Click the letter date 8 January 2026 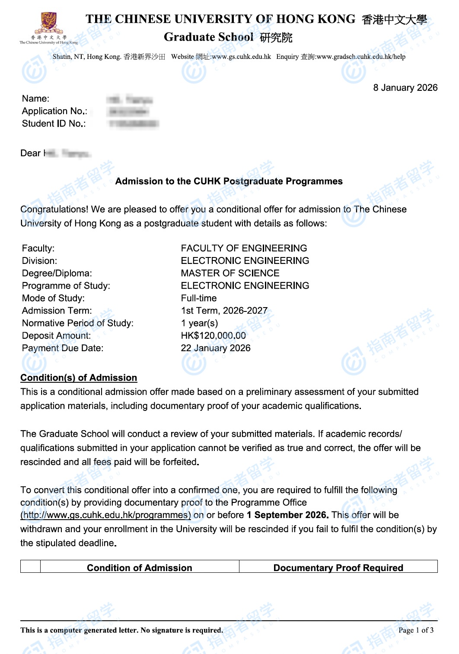pyautogui.click(x=405, y=88)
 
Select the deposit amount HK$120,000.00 pyautogui.click(x=213, y=336)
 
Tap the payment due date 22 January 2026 pyautogui.click(x=215, y=348)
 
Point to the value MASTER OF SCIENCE pyautogui.click(x=230, y=273)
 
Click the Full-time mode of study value pyautogui.click(x=199, y=298)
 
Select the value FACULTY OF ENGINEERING pyautogui.click(x=244, y=248)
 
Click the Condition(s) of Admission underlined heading pyautogui.click(x=79, y=378)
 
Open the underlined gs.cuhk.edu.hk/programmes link pyautogui.click(x=106, y=515)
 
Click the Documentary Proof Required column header pyautogui.click(x=338, y=568)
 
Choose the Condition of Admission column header pyautogui.click(x=139, y=568)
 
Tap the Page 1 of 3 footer pyautogui.click(x=416, y=630)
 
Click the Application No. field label pyautogui.click(x=54, y=111)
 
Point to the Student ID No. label pyautogui.click(x=54, y=124)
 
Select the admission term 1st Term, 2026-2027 pyautogui.click(x=224, y=311)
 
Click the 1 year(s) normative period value pyautogui.click(x=199, y=324)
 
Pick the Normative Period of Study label pyautogui.click(x=78, y=324)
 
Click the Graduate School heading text pyautogui.click(x=208, y=37)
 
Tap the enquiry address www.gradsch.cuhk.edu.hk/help pyautogui.click(x=361, y=57)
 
